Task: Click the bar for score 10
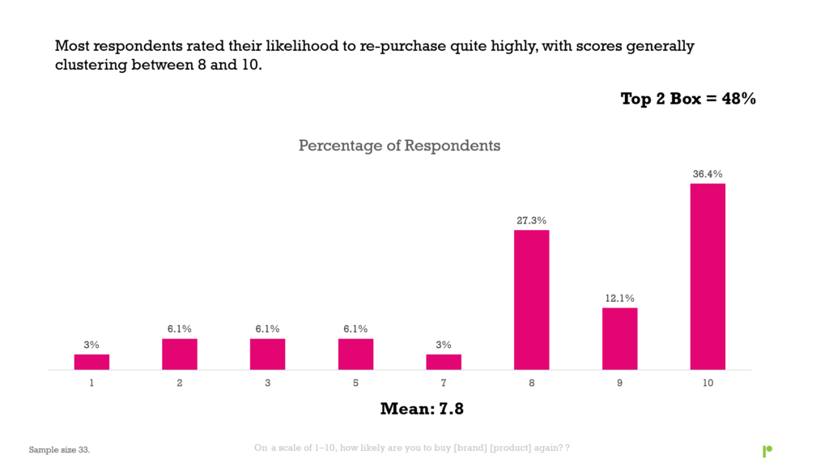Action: click(708, 277)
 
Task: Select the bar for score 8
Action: click(531, 300)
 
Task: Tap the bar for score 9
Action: click(619, 338)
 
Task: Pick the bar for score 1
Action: click(91, 362)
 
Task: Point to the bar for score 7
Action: click(444, 362)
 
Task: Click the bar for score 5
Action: click(355, 354)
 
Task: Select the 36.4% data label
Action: click(708, 173)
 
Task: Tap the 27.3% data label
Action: click(531, 220)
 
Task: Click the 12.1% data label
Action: click(619, 298)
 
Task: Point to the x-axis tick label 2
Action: click(180, 383)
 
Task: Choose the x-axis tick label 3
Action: click(267, 383)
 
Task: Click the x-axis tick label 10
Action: click(708, 383)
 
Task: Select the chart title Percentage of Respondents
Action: click(399, 146)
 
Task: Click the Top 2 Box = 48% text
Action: click(688, 99)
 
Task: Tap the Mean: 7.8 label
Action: click(422, 410)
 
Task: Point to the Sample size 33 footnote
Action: click(59, 449)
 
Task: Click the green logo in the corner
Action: click(767, 451)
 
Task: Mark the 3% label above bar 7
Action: click(444, 345)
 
